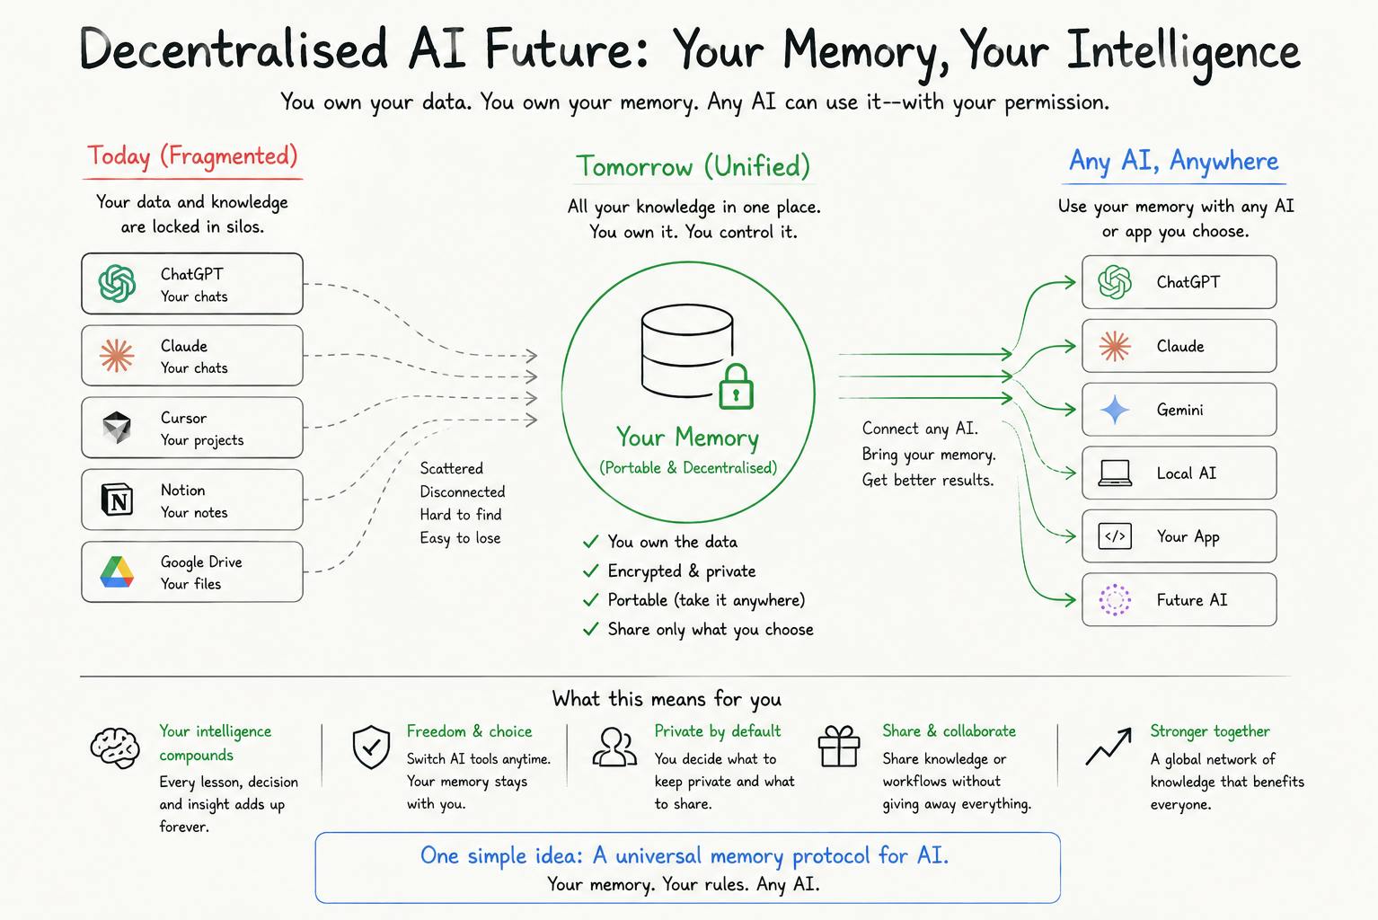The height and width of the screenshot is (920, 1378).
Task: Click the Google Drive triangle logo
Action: point(117,571)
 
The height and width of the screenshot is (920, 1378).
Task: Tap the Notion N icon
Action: point(117,499)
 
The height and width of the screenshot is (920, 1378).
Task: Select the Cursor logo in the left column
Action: point(117,427)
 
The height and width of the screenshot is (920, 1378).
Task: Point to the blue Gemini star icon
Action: point(1114,409)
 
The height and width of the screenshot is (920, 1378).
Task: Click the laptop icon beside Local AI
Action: point(1115,473)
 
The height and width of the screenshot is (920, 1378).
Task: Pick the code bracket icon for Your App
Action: point(1115,536)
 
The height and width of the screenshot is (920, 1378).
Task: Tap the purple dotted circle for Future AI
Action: point(1115,599)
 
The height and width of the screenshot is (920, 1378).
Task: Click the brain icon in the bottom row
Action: point(115,747)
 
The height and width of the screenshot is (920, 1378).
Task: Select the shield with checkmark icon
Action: point(371,747)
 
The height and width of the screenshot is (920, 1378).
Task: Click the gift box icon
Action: point(838,746)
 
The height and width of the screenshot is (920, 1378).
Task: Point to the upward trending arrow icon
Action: point(1109,747)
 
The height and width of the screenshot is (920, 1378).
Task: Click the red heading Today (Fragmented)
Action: point(192,156)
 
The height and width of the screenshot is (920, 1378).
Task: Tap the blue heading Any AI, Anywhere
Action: point(1174,161)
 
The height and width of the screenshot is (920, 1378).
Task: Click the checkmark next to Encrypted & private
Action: point(590,571)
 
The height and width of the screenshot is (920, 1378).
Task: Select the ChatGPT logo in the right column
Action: point(1115,282)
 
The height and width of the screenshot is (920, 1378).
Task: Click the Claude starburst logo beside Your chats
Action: point(117,356)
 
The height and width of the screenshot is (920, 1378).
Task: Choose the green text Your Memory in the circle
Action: point(688,438)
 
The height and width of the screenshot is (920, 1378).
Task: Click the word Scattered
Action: point(452,468)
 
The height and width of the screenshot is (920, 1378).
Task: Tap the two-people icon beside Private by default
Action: point(614,747)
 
